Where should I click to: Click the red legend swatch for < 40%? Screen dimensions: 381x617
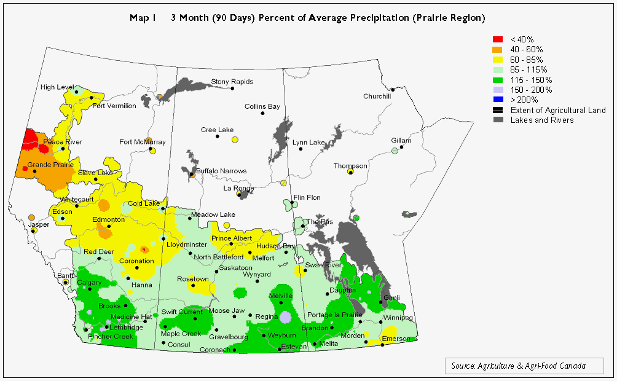pos(498,39)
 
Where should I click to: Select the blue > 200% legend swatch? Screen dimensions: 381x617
pos(498,100)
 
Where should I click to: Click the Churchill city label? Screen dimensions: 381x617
pos(377,96)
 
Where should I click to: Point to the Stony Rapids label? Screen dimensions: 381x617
pos(232,82)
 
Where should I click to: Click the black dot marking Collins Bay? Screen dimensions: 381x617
pos(262,113)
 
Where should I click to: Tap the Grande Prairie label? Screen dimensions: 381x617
pos(50,165)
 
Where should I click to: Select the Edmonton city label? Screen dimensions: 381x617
pos(109,219)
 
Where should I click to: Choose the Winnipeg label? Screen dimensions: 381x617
pos(399,318)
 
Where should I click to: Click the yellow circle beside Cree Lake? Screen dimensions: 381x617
pos(235,140)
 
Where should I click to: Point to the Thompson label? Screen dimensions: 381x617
pos(350,166)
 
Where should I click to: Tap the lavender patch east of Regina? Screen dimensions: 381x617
pos(285,317)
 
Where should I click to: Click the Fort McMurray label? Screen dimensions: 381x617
pos(142,142)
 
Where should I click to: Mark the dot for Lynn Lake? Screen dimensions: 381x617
pos(301,149)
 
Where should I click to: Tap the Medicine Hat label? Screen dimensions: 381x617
pos(131,317)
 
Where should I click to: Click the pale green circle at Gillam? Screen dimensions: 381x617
pos(395,151)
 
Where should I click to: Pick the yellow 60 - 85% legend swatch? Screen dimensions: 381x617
pos(498,60)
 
